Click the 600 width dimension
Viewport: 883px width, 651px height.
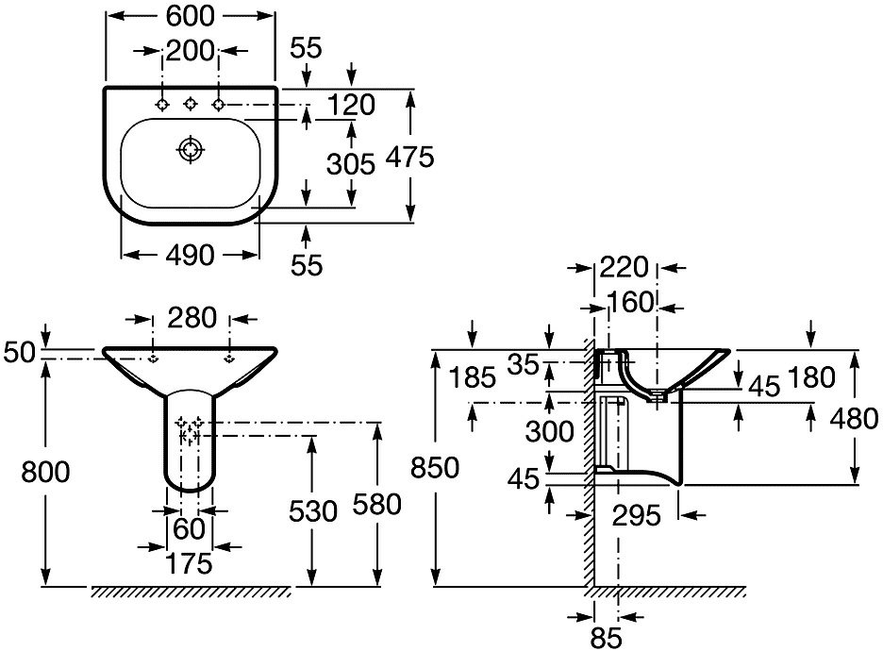pos(191,16)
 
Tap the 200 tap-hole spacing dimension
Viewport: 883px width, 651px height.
pos(191,51)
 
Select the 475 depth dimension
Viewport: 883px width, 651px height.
pos(410,157)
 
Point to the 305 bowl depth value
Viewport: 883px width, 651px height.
pos(351,164)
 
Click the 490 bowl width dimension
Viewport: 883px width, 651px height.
pos(191,255)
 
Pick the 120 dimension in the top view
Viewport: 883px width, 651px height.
pos(351,106)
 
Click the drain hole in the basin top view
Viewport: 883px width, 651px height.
pos(191,150)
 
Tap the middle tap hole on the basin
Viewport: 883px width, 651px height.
pos(191,104)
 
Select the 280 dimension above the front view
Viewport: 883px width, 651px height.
pos(192,318)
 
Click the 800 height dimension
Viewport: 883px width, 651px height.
pos(45,472)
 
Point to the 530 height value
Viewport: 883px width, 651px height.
pos(313,511)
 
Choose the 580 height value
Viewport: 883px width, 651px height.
pos(376,504)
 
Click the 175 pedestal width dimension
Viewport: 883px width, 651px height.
pos(190,563)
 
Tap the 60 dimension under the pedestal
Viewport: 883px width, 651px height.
pos(190,528)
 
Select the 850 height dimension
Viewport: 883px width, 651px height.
pos(435,468)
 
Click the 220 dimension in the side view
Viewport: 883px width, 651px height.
pos(624,268)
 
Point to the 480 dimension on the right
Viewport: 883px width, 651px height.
pos(855,419)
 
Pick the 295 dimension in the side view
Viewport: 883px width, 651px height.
pos(637,516)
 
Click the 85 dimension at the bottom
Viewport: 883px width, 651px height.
pos(607,639)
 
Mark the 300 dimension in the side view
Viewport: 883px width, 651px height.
pos(550,432)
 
